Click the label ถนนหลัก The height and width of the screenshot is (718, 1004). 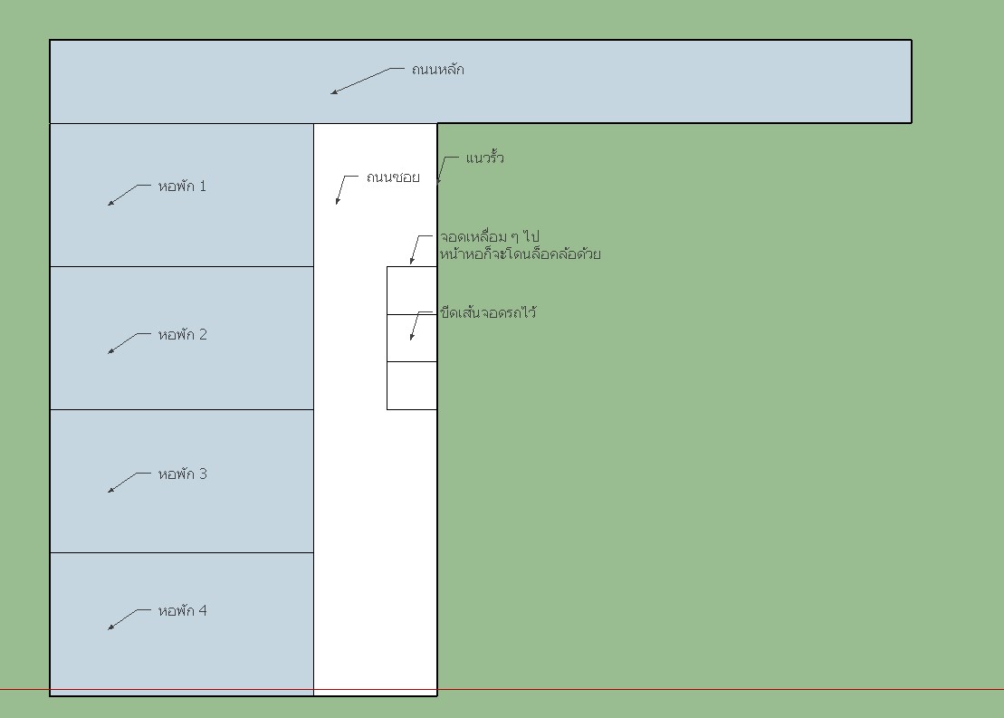point(438,69)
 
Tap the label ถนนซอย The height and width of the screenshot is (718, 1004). point(393,177)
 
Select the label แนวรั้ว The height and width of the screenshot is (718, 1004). point(484,158)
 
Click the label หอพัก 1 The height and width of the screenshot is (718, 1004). point(182,187)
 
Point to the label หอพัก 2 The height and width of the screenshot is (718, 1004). point(183,334)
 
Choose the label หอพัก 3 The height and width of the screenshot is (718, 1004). point(183,474)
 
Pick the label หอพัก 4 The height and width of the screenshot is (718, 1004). point(183,610)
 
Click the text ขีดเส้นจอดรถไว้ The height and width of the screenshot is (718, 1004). point(488,312)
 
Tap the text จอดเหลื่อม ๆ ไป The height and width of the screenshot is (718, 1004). point(489,237)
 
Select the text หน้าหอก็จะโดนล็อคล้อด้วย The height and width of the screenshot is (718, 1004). point(520,254)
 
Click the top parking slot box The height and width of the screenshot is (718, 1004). point(412,291)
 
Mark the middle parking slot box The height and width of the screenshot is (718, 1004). point(412,339)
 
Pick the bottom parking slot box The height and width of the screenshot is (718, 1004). point(412,386)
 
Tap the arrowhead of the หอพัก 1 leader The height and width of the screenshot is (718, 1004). point(110,203)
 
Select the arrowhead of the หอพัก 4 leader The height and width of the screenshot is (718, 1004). point(110,627)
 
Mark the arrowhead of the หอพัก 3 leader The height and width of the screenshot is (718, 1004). point(110,490)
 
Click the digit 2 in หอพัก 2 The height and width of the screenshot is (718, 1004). point(203,334)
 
